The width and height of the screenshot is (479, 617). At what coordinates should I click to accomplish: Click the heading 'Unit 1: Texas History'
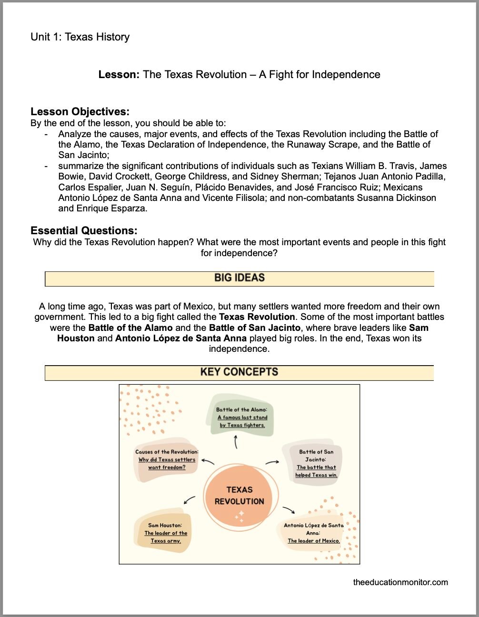[x=80, y=37]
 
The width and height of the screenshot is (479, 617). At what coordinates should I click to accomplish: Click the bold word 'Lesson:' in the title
[x=119, y=75]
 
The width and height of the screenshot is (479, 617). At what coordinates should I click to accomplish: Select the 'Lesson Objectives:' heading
[x=80, y=112]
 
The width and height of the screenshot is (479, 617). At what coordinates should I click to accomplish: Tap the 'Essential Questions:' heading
[x=84, y=231]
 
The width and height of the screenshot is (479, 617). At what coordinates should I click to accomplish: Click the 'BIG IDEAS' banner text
[x=239, y=278]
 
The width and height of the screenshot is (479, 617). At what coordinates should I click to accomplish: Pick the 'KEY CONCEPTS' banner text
[x=239, y=372]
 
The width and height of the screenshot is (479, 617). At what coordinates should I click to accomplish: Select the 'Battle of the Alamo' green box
[x=241, y=418]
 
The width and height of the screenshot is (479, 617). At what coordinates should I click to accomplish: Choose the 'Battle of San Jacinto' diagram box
[x=316, y=463]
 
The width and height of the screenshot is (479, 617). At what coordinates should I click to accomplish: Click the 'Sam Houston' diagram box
[x=165, y=533]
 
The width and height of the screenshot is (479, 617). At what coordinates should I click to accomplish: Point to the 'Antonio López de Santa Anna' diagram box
[x=314, y=533]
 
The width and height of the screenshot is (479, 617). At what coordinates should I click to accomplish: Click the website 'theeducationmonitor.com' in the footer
[x=400, y=582]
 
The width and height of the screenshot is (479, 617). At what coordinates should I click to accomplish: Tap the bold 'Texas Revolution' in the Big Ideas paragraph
[x=257, y=317]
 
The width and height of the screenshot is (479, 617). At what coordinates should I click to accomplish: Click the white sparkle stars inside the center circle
[x=239, y=516]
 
